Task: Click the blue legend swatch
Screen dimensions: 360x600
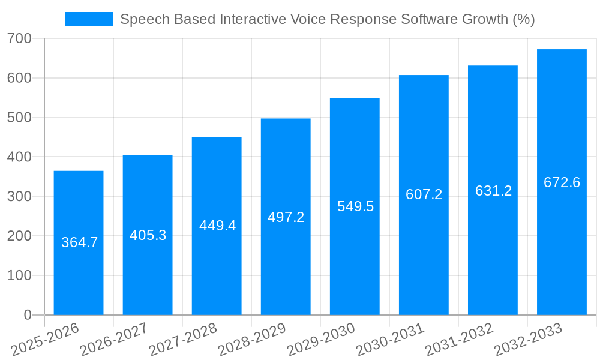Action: [88, 19]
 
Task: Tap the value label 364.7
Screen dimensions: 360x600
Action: [79, 242]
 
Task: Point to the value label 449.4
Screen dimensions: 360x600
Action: [217, 226]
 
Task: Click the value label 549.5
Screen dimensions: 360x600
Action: [355, 206]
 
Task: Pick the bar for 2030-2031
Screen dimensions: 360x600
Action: [424, 252]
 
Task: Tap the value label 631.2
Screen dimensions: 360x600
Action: [493, 191]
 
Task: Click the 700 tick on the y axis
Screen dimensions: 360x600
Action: [20, 39]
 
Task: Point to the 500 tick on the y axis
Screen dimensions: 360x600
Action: [20, 118]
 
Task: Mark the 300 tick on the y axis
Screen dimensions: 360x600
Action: [20, 197]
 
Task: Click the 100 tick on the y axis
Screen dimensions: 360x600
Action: [20, 275]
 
